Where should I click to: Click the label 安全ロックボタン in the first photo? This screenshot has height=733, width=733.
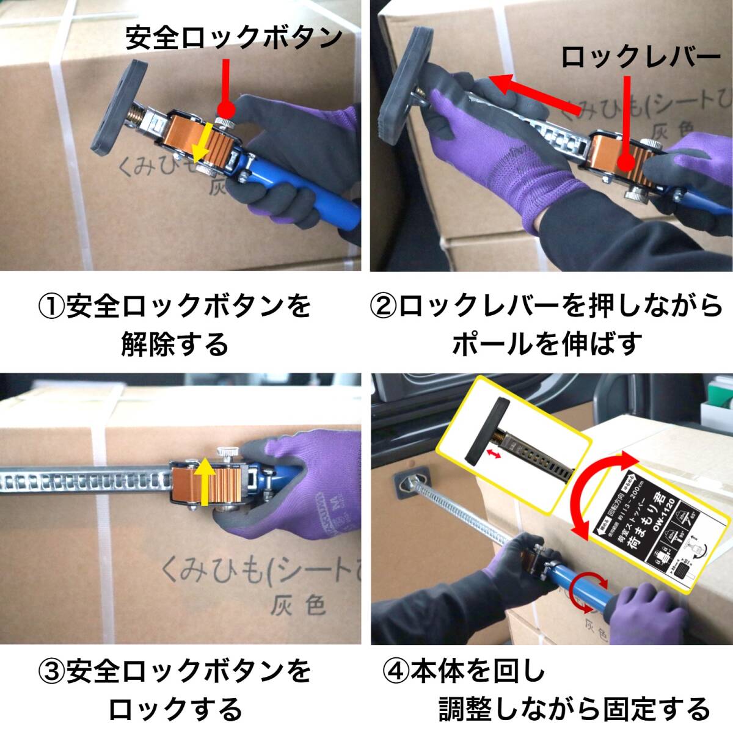tap(234, 38)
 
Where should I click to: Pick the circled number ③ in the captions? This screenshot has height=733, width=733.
tap(51, 672)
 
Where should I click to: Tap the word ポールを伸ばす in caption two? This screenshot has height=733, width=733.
tap(547, 345)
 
